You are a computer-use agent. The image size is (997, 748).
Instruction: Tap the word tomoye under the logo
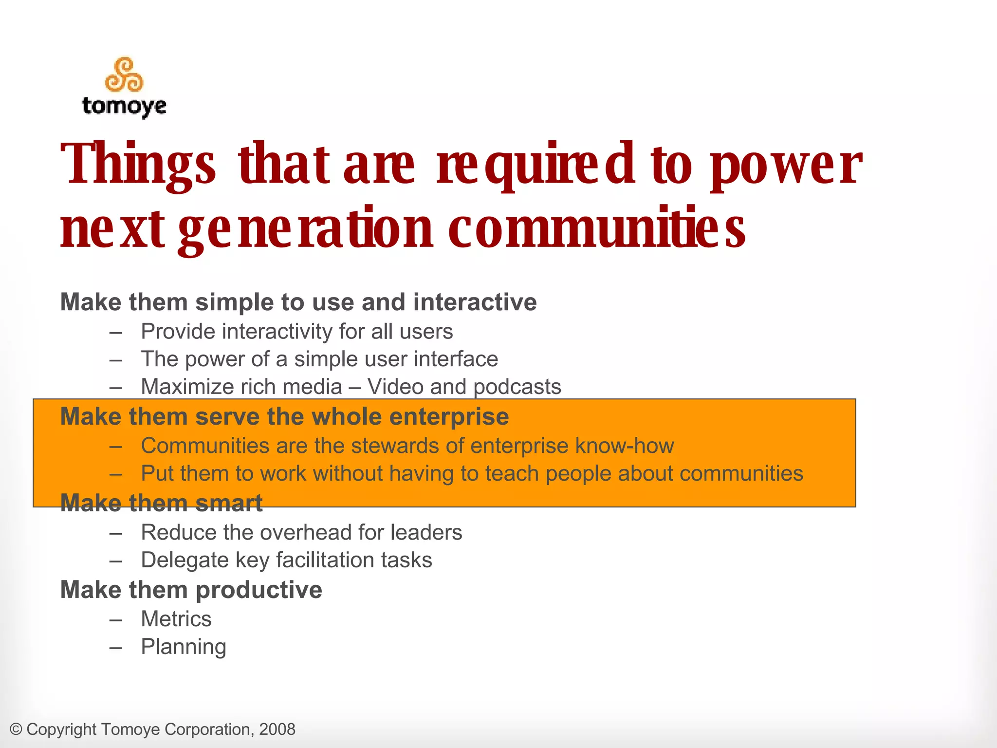tap(124, 106)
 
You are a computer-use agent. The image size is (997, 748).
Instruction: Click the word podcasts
tap(517, 387)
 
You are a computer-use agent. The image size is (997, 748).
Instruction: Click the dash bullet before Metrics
tap(115, 620)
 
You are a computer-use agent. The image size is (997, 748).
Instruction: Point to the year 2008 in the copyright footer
tap(277, 729)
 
